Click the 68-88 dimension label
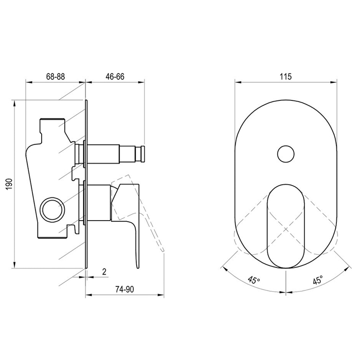pyautogui.click(x=56, y=77)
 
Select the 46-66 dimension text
pyautogui.click(x=115, y=77)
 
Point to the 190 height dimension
pyautogui.click(x=9, y=184)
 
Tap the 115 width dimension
pyautogui.click(x=286, y=76)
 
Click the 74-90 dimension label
pyautogui.click(x=124, y=289)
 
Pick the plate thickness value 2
pyautogui.click(x=104, y=272)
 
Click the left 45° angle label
pyautogui.click(x=254, y=280)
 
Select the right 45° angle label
pyautogui.click(x=318, y=280)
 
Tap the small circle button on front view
pyautogui.click(x=286, y=154)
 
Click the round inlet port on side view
pyautogui.click(x=52, y=209)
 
